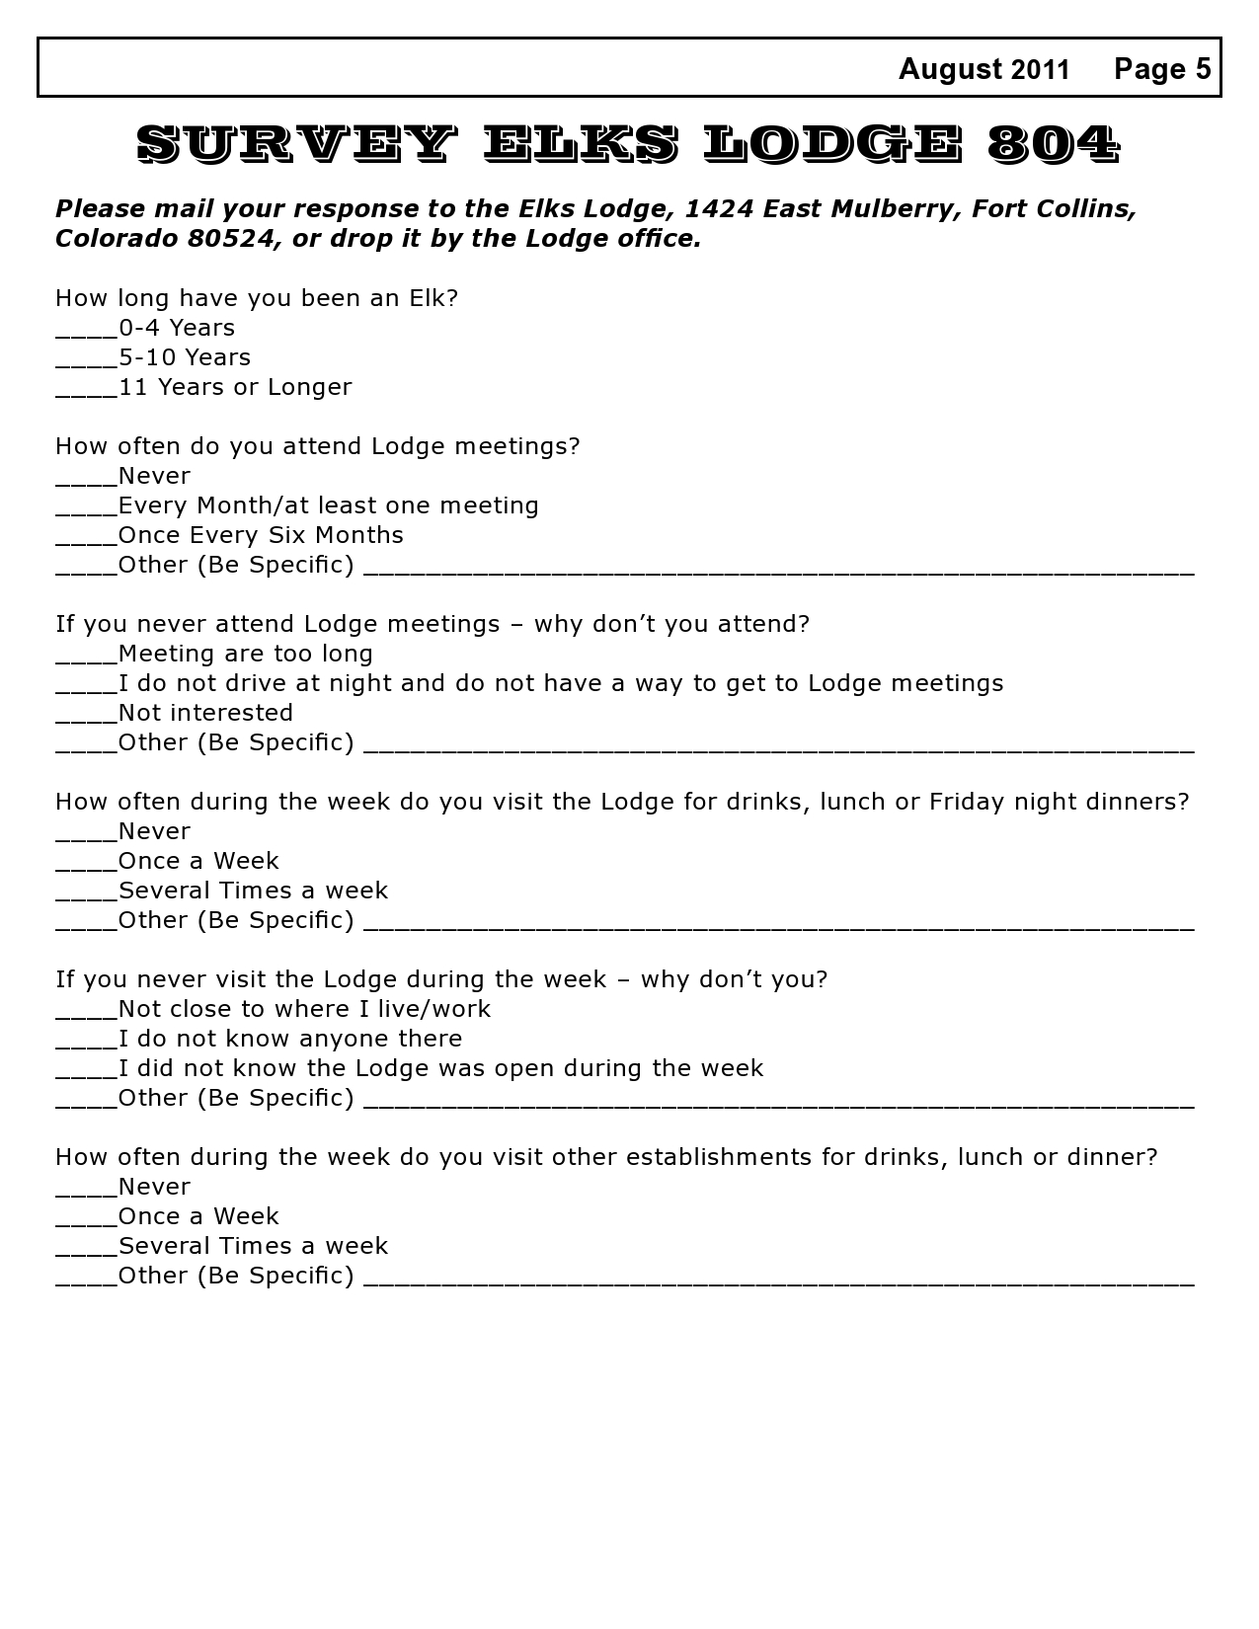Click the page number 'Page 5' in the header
(1161, 69)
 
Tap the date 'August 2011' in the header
(984, 69)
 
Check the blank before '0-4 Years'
(86, 334)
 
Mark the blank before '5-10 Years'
(86, 363)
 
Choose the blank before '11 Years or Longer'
(86, 393)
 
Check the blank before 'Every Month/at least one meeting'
(86, 511)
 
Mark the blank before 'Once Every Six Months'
(86, 541)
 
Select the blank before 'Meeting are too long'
(86, 659)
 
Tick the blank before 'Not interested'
(86, 719)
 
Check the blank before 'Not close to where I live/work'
(86, 1015)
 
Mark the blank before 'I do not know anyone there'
(86, 1045)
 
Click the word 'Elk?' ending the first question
(433, 298)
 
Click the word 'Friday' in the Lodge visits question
(963, 802)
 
